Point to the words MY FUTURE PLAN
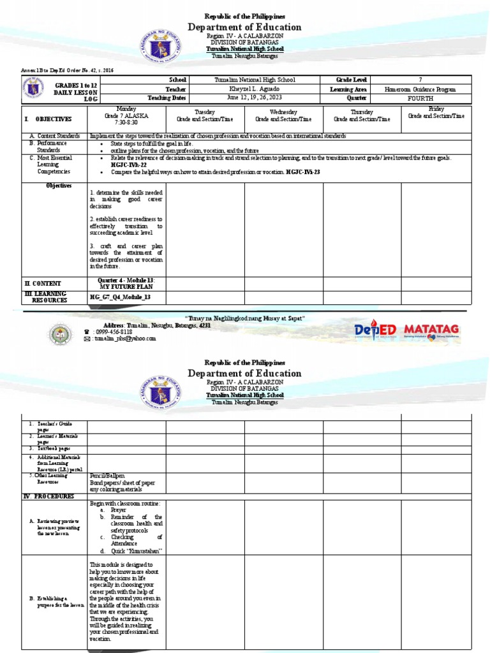(x=127, y=287)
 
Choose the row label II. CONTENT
(x=43, y=283)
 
